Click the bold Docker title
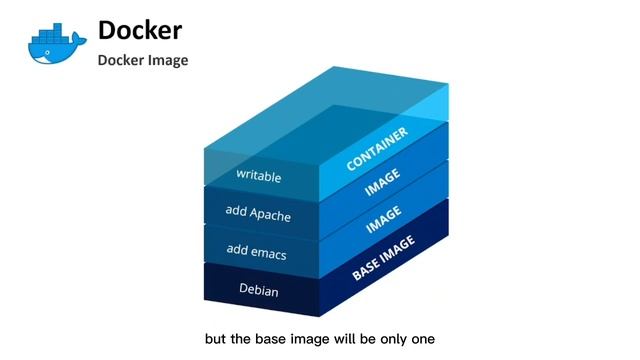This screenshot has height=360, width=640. click(x=139, y=30)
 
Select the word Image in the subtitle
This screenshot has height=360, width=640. click(x=167, y=60)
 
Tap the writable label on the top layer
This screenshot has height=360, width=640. click(x=258, y=176)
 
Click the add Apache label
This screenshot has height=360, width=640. click(x=257, y=214)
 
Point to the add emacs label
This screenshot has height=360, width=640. click(x=257, y=253)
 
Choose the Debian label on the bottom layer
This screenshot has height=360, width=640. click(x=258, y=290)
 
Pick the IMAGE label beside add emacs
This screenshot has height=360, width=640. click(x=383, y=220)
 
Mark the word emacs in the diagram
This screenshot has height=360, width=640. click(x=270, y=253)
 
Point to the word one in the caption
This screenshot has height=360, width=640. click(x=421, y=339)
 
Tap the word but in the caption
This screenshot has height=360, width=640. click(x=215, y=339)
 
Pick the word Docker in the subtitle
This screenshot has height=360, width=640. click(x=119, y=60)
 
